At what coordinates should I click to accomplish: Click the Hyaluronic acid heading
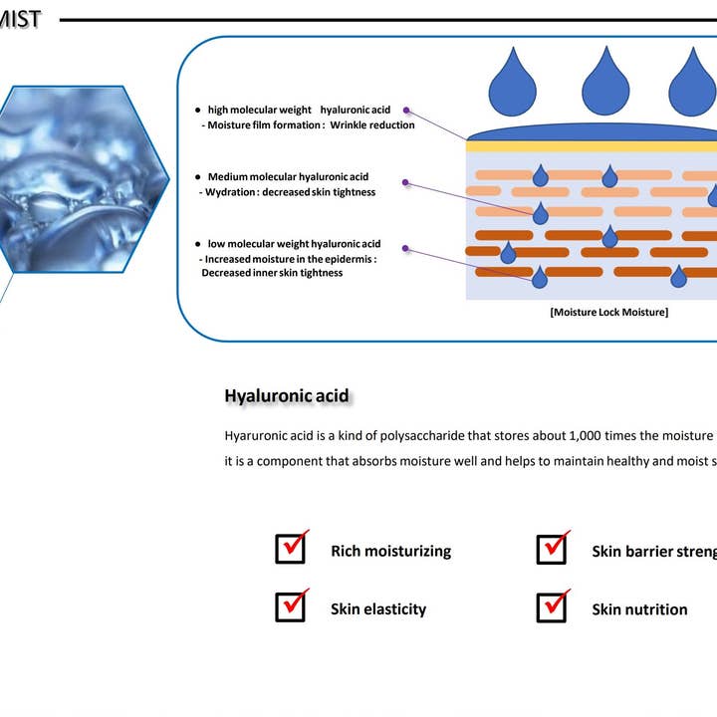click(x=287, y=396)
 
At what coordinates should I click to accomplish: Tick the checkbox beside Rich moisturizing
click(x=290, y=549)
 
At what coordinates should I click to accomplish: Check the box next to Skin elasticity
click(x=290, y=606)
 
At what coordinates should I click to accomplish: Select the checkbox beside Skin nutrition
click(x=552, y=606)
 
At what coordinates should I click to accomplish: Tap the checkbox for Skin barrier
click(x=552, y=549)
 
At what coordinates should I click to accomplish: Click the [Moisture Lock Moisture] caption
click(x=608, y=312)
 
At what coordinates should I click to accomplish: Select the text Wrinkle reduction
click(x=372, y=125)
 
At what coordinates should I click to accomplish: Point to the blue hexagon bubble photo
click(x=75, y=179)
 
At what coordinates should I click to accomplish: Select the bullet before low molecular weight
click(x=198, y=244)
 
